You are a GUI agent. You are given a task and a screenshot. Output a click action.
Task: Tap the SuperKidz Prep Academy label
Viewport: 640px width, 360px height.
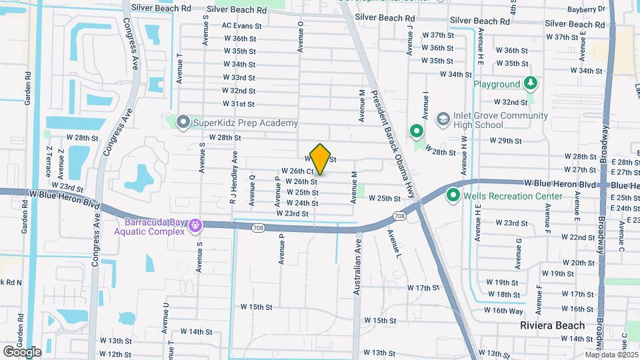click(x=245, y=123)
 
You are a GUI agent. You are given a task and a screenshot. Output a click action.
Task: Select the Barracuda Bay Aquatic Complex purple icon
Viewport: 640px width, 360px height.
click(x=195, y=226)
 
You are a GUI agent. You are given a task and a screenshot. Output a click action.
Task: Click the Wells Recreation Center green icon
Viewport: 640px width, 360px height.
click(x=453, y=196)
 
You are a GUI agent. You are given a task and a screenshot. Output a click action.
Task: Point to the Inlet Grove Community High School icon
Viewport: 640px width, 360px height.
click(x=442, y=119)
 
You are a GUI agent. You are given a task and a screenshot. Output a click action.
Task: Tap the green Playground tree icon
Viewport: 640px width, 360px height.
click(x=530, y=84)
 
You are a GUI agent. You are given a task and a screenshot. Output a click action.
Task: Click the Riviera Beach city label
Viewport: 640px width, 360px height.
click(x=552, y=326)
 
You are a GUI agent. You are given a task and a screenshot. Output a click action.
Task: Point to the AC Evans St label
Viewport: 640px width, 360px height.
click(x=239, y=26)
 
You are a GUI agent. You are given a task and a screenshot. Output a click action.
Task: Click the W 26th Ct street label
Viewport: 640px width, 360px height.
click(x=297, y=171)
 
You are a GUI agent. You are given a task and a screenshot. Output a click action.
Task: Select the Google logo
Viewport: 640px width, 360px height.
click(x=22, y=351)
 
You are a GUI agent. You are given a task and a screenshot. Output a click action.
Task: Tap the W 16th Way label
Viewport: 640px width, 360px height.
click(x=503, y=311)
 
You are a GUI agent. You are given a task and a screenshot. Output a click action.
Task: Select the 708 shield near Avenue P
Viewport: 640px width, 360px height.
click(x=259, y=228)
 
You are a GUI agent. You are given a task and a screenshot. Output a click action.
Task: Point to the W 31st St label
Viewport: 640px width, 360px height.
click(x=238, y=104)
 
